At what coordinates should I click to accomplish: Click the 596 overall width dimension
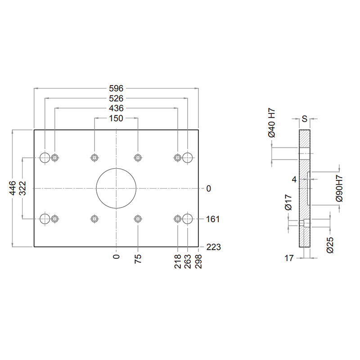tap(116, 88)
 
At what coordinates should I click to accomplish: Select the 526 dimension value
tap(116, 99)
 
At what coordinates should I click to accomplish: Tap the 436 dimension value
tap(116, 108)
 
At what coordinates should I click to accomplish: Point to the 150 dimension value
tap(116, 118)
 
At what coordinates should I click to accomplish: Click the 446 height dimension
tap(13, 188)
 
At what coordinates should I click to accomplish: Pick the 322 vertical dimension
tap(23, 188)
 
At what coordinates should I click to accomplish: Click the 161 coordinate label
tap(213, 219)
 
